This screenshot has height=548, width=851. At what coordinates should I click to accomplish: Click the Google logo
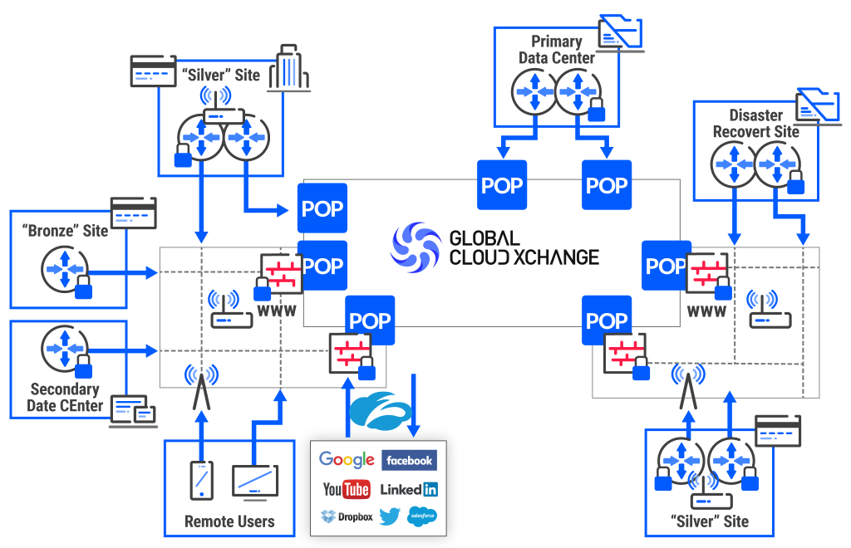347,460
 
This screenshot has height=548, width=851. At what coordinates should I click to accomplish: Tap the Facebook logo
409,460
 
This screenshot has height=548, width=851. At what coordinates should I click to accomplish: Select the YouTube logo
346,489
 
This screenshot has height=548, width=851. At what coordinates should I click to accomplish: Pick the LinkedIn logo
409,489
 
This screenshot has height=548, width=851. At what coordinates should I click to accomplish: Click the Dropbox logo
347,516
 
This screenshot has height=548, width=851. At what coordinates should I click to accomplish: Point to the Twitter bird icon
390,516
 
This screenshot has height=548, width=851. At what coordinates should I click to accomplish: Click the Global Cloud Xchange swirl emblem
416,247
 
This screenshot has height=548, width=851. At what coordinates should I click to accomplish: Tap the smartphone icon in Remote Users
201,480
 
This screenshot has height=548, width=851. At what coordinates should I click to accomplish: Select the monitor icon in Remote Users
255,481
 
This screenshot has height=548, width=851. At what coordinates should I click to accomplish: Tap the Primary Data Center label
557,50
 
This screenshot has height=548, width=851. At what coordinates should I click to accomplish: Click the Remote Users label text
229,522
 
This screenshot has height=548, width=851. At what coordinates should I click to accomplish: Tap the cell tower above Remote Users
199,387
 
